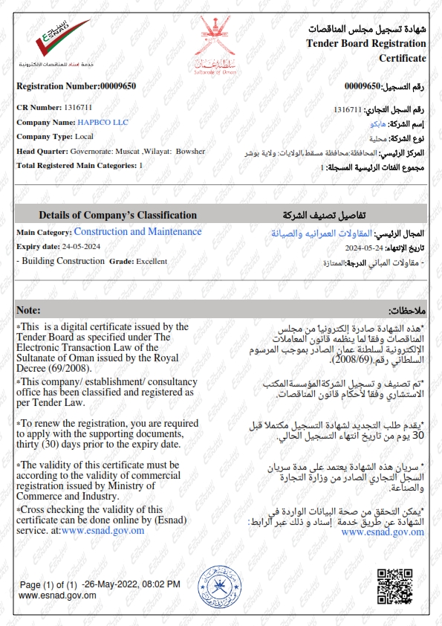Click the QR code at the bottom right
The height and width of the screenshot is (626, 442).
[x=394, y=586]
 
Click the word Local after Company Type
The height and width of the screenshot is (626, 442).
[x=84, y=136]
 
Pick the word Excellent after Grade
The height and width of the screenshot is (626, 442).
[x=152, y=261]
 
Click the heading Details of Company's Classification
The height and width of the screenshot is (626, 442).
[x=117, y=215]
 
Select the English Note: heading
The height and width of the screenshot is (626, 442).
[x=28, y=309]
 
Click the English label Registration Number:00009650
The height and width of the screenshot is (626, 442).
[x=76, y=86]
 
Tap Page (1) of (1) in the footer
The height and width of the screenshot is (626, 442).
[x=49, y=584]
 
